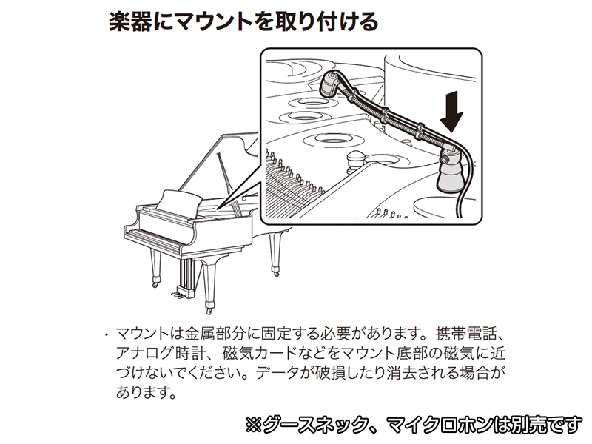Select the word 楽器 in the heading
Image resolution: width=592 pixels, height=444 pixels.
[130, 22]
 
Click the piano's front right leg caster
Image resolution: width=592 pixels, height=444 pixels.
[209, 309]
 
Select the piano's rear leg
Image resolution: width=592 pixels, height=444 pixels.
[275, 254]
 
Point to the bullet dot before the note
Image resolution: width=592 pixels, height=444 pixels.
[107, 334]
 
